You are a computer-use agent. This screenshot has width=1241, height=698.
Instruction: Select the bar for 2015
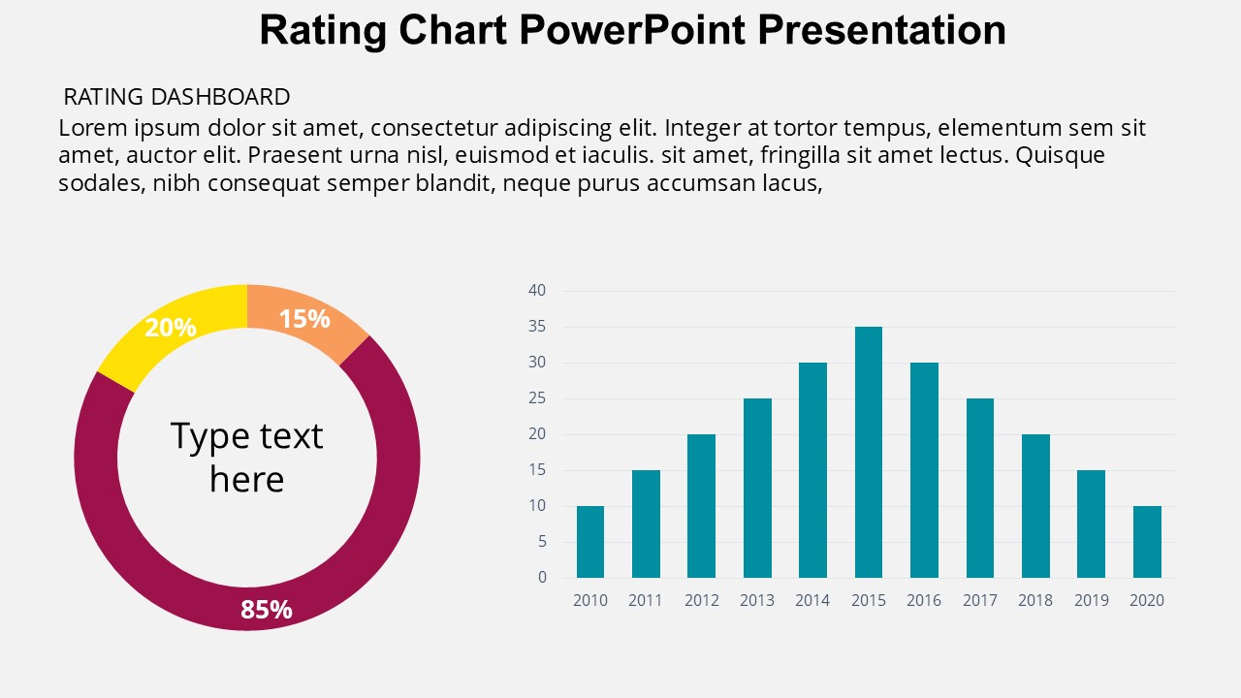pos(869,452)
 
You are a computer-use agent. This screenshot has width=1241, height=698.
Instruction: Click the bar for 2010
pos(590,542)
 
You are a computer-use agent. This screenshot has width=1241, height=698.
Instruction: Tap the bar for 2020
pos(1147,542)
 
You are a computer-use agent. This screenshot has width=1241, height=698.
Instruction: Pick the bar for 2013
pos(757,488)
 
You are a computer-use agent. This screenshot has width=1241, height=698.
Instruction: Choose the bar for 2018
pos(1035,506)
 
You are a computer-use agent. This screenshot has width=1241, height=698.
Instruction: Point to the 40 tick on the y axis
pos(537,291)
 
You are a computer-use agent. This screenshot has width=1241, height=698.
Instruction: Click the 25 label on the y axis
pos(537,398)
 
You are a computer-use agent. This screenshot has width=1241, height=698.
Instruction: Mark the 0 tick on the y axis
pos(542,578)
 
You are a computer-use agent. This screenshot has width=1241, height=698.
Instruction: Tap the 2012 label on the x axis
pos(702,601)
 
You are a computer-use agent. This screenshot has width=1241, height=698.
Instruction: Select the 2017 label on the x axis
pos(980,601)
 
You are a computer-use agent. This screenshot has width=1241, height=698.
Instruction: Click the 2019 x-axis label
pos(1092,601)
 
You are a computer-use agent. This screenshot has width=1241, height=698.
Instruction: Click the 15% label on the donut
pos(304,319)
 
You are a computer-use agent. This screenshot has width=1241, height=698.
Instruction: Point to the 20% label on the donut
pos(171,328)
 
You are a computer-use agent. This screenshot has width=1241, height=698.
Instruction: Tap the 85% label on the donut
pos(267,610)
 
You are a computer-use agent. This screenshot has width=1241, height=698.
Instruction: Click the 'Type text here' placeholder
pos(246,458)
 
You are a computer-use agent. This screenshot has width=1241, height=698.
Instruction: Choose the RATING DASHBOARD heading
pos(176,97)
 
